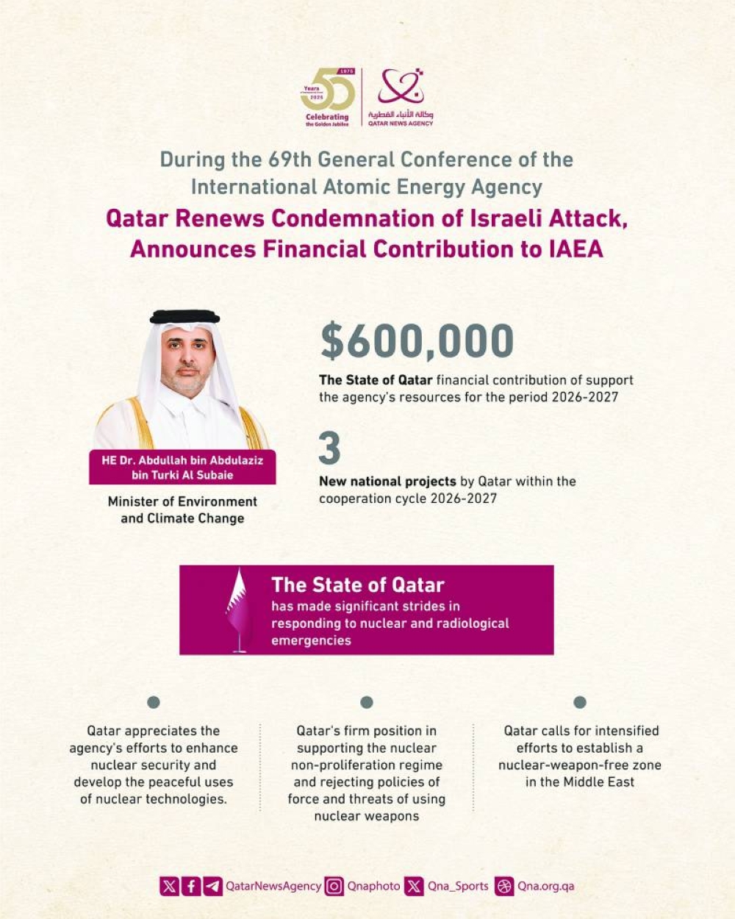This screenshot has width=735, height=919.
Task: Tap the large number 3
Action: coord(329,448)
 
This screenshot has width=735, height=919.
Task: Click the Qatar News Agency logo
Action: coord(401,97)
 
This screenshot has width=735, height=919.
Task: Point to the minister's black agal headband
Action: coord(184,317)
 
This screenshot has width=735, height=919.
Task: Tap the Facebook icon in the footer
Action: coord(191,886)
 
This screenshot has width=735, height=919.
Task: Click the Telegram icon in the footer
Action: coord(213,886)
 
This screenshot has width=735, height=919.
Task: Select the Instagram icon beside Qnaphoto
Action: coord(334,886)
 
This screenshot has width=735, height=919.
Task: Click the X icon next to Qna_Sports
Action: coord(415,886)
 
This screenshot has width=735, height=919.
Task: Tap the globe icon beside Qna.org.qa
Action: coord(504,886)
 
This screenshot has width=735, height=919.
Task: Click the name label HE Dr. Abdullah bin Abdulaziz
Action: coord(182,460)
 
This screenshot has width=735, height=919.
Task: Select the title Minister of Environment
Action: coord(182,501)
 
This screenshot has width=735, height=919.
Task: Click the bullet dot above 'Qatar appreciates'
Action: coord(154,702)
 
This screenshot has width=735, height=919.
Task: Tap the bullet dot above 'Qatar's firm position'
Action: coord(367,702)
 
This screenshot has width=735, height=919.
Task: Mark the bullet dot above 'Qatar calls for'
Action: coord(580,702)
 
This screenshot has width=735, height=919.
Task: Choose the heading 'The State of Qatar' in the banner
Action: coord(358,585)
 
